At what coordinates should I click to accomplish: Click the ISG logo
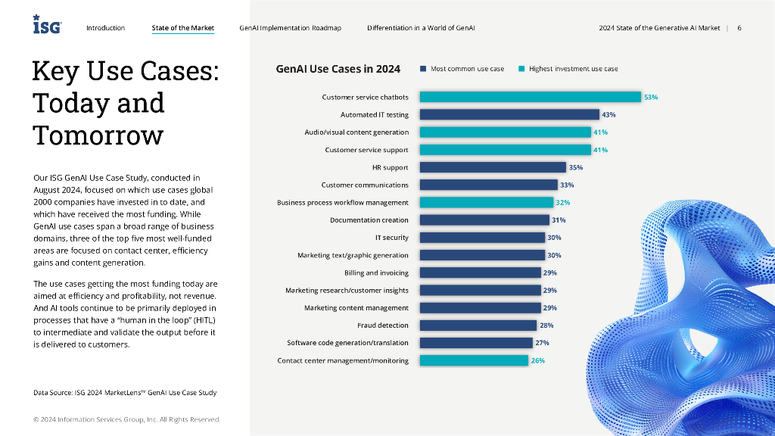coord(47,25)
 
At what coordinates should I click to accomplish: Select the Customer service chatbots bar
coord(530,97)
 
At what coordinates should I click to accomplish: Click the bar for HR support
coord(493,167)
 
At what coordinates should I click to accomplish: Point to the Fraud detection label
coord(382,325)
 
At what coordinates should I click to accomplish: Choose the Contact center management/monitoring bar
coord(474,360)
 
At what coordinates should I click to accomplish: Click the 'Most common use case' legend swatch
coord(424,69)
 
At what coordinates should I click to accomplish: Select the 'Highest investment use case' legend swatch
coord(521,69)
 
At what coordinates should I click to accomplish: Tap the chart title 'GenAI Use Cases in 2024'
coord(338,69)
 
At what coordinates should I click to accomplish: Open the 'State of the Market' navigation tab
coord(182,28)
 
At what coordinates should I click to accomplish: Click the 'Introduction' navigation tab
coord(105,28)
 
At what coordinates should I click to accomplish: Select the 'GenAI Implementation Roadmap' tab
coord(290,28)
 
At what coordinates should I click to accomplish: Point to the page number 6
coord(739,28)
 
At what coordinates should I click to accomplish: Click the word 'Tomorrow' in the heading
coord(98,135)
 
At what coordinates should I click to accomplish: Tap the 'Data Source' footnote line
coord(125,392)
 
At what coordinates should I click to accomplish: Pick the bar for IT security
coord(482,238)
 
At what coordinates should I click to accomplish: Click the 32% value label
coord(563,203)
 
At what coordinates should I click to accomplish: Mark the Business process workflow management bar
coord(487,203)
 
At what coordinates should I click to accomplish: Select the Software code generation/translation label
coord(347,343)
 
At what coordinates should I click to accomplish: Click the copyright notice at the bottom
coord(126,419)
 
